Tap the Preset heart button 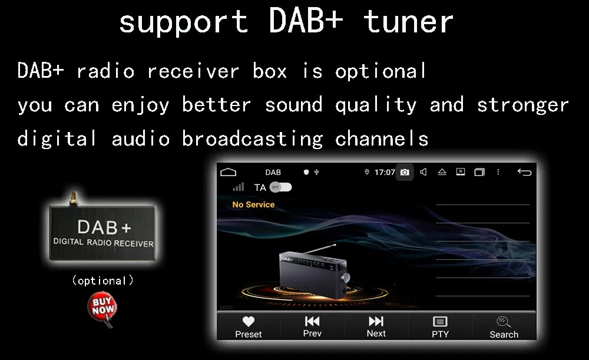(x=249, y=326)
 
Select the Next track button (x=376, y=326)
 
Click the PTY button (x=440, y=326)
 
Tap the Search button (x=504, y=326)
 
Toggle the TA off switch (x=280, y=187)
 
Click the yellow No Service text (x=253, y=204)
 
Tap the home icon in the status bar (x=228, y=172)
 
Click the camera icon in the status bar (x=405, y=172)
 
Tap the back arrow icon (x=524, y=172)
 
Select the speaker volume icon (x=423, y=172)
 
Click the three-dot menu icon (x=498, y=172)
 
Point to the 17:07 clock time (x=385, y=172)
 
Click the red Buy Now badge (x=102, y=308)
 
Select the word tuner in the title (x=409, y=22)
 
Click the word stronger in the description (x=522, y=105)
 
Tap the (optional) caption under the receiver (x=102, y=280)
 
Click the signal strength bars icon (x=238, y=187)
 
